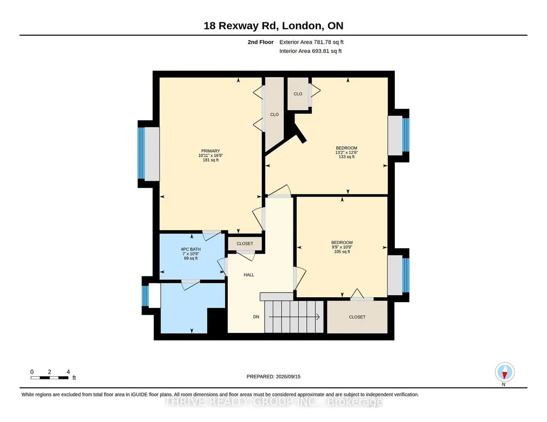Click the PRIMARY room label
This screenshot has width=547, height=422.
[210, 151]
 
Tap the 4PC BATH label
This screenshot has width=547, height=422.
[191, 249]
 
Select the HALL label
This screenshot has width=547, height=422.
[249, 275]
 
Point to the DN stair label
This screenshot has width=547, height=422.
[256, 317]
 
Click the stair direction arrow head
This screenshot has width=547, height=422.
[318, 317]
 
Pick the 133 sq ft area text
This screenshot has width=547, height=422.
[346, 157]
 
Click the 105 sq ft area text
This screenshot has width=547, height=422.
[342, 251]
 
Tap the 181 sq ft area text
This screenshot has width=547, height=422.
[211, 160]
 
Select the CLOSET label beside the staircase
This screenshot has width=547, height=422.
[357, 317]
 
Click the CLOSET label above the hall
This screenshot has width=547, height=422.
[245, 244]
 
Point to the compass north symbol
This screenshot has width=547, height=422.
[504, 372]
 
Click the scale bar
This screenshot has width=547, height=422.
[50, 378]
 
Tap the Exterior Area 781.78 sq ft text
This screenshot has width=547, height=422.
[312, 42]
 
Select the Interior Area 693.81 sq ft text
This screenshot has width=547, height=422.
[311, 51]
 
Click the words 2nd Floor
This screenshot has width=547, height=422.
[260, 42]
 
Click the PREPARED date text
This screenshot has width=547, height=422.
[273, 376]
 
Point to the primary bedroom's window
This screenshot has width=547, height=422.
[141, 153]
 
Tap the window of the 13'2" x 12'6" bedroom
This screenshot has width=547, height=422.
[406, 135]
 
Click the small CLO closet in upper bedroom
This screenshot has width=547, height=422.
[298, 94]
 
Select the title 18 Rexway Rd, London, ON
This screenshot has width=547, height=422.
[273, 26]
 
